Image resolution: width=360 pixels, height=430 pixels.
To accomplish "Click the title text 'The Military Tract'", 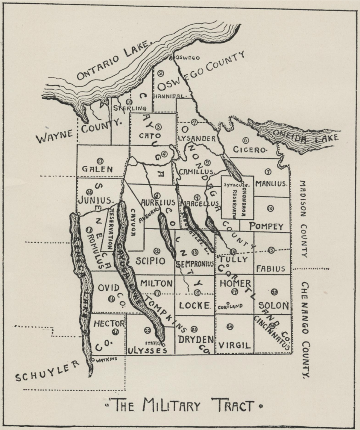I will pos(184,406).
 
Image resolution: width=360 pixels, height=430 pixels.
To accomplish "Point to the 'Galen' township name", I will pos(97,169).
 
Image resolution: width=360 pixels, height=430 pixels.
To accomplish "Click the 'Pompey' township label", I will pos(267,226).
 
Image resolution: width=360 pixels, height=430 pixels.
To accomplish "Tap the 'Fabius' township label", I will pos(271,268).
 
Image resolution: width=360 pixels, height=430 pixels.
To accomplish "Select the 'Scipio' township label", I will pos(150,261).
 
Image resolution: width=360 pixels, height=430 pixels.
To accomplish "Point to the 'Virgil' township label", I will pos(235,346).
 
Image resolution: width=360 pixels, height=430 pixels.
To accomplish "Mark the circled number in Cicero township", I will pos(245,140).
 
